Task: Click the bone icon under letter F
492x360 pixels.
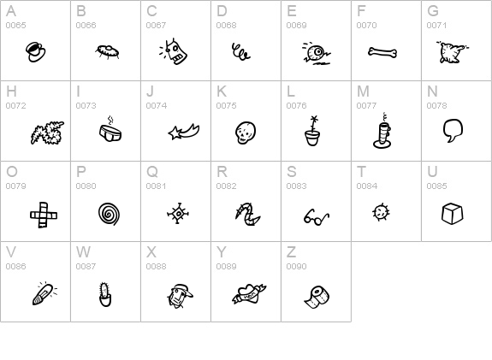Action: pos(382,53)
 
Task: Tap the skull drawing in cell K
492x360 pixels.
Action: pos(245,133)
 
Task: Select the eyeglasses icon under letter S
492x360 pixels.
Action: pos(316,216)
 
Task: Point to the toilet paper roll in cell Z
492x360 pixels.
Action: pos(316,295)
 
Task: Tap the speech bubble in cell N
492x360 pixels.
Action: pos(452,131)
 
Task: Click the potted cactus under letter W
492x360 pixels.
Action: pos(105,293)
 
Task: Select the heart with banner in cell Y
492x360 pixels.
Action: pos(246,293)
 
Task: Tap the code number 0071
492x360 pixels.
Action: pos(436,26)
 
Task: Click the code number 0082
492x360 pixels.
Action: pos(226,186)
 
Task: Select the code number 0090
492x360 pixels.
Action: pos(296,267)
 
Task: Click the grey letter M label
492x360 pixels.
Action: pos(363,91)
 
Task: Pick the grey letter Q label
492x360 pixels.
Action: pos(152,172)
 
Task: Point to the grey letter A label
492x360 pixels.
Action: pos(11,11)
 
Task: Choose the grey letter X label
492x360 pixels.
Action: pos(151,252)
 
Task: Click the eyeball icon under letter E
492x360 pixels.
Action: pos(314,55)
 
